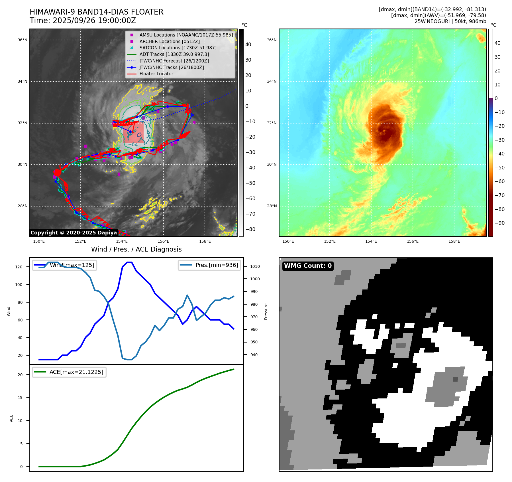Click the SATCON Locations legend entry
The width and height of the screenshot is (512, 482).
tap(178, 48)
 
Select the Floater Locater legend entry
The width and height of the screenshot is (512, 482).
tap(156, 74)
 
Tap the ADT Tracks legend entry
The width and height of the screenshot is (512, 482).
tap(174, 54)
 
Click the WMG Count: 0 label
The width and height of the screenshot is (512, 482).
tap(308, 266)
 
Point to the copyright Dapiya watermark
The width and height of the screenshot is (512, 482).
tap(74, 233)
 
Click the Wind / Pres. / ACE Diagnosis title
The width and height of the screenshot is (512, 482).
tap(136, 250)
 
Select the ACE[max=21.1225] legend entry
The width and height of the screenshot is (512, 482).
tap(76, 372)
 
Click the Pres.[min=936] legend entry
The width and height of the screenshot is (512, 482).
tap(217, 265)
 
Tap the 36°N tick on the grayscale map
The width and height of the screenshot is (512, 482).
tap(23, 40)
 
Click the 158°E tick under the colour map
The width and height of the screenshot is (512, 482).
tap(454, 242)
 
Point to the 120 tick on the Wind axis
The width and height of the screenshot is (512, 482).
tap(19, 267)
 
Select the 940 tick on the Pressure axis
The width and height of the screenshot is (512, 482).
tap(254, 355)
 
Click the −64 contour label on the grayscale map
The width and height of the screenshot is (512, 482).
tap(133, 145)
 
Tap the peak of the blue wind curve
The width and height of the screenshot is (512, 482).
tap(129, 262)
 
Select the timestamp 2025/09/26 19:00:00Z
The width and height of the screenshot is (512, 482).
tap(94, 21)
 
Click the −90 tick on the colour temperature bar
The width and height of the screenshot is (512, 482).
tap(499, 223)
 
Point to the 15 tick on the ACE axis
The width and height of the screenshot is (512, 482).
tap(20, 398)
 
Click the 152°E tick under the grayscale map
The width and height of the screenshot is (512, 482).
tap(80, 242)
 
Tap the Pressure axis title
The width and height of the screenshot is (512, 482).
tap(266, 311)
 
